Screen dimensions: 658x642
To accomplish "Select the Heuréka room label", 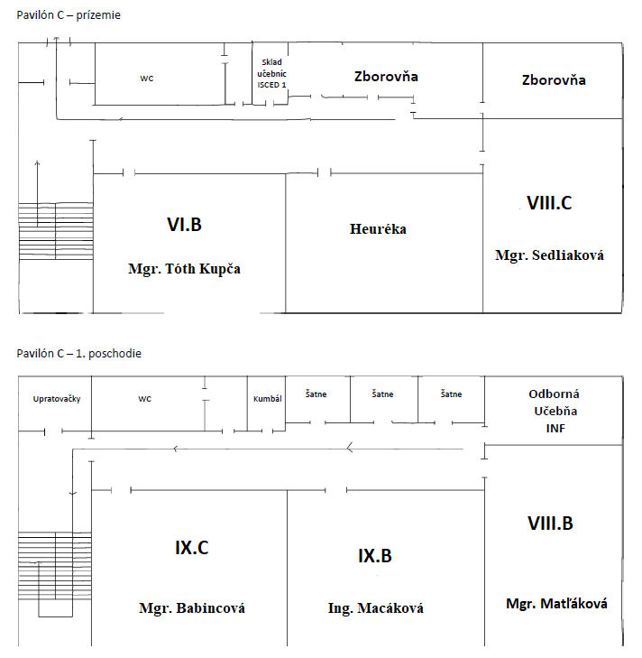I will pyautogui.click(x=378, y=229).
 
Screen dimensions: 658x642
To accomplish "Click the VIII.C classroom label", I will pyautogui.click(x=549, y=203).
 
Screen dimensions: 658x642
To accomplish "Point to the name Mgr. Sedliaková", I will pyautogui.click(x=549, y=255).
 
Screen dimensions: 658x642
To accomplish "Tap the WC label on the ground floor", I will pyautogui.click(x=146, y=79).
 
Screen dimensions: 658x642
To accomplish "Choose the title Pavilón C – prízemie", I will pyautogui.click(x=69, y=15).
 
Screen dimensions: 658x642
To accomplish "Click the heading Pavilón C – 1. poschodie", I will pyautogui.click(x=78, y=354).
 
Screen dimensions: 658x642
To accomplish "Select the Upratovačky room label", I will pyautogui.click(x=57, y=398).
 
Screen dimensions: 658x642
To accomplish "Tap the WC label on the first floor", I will pyautogui.click(x=145, y=398).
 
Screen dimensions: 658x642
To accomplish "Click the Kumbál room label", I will pyautogui.click(x=268, y=398).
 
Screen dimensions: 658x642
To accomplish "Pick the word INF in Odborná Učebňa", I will pyautogui.click(x=554, y=428).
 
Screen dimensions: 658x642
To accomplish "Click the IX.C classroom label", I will pyautogui.click(x=192, y=548).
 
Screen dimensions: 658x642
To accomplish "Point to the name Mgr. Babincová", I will pyautogui.click(x=192, y=607).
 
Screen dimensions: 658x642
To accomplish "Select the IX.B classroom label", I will pyautogui.click(x=375, y=556).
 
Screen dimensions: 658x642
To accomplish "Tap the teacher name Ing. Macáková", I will pyautogui.click(x=375, y=608).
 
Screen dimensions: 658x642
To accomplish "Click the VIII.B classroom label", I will pyautogui.click(x=551, y=523).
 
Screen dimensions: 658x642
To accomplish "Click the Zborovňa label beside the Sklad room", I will pyautogui.click(x=386, y=77).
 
